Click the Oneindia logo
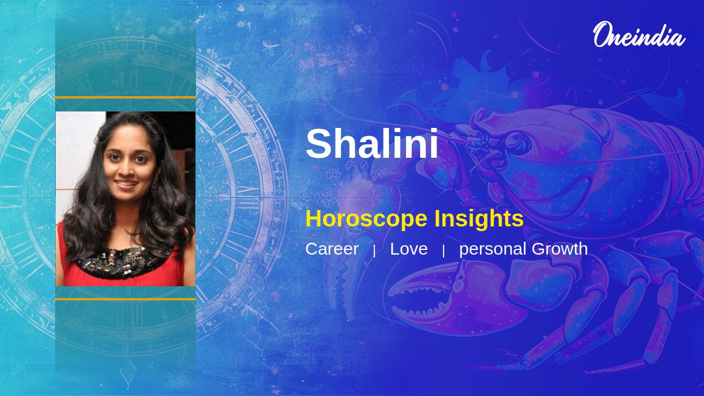pyautogui.click(x=639, y=35)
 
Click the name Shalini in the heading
pyautogui.click(x=372, y=143)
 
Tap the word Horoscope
pyautogui.click(x=367, y=219)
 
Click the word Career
pyautogui.click(x=332, y=249)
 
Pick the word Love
pyautogui.click(x=409, y=249)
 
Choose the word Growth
pyautogui.click(x=560, y=249)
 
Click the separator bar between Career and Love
pyautogui.click(x=374, y=251)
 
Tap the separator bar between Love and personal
pyautogui.click(x=444, y=251)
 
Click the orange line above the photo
pyautogui.click(x=126, y=98)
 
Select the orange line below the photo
pyautogui.click(x=126, y=299)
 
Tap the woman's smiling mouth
pyautogui.click(x=126, y=184)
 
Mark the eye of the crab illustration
pyautogui.click(x=519, y=144)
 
